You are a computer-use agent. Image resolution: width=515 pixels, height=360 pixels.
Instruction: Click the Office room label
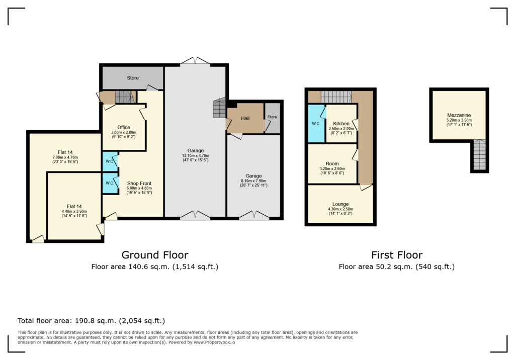124,127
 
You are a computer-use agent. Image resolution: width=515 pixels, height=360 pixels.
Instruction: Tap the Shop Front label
139,184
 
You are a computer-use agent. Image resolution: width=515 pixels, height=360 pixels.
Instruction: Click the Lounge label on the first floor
340,204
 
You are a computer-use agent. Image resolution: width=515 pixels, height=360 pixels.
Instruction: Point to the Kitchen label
341,124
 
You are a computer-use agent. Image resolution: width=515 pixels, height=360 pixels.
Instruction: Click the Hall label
245,118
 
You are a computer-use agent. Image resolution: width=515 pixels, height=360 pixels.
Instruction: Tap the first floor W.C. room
316,123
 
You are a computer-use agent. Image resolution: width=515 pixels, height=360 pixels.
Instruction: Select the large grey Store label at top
132,78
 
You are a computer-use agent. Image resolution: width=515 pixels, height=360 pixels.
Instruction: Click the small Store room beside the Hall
272,118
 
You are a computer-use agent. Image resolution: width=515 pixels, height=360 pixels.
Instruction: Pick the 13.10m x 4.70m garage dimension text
196,156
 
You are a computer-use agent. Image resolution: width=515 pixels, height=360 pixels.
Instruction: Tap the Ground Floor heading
154,255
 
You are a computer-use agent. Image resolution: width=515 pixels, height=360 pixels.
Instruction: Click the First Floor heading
396,255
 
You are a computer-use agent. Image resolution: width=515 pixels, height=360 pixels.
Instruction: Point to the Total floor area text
91,320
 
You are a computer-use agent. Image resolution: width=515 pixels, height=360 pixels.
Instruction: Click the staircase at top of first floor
335,96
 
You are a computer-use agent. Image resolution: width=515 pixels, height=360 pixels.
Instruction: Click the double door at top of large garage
195,61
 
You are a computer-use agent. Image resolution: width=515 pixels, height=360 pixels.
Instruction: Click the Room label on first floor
332,164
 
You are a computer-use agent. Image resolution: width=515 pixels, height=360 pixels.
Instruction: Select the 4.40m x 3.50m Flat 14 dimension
74,211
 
